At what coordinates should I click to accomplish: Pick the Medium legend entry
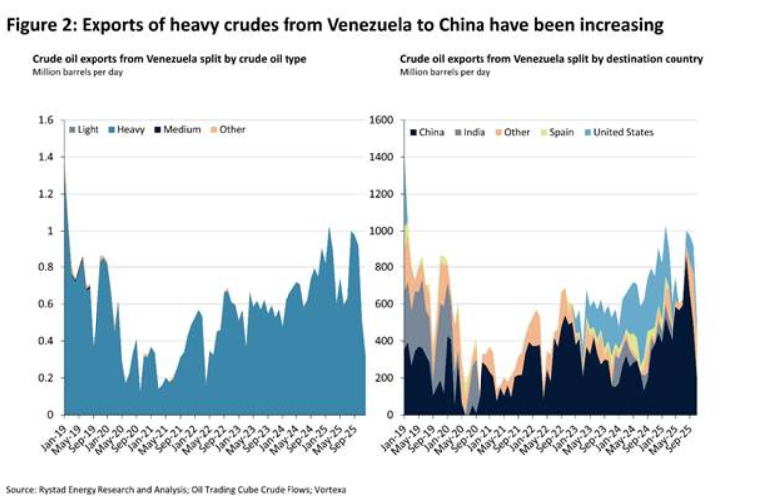click(x=181, y=130)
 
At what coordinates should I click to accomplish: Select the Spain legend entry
click(x=559, y=132)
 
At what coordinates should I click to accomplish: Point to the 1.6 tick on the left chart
click(x=46, y=121)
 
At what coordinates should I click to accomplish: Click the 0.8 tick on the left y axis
click(x=46, y=267)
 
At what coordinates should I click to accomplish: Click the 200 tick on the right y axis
click(x=387, y=378)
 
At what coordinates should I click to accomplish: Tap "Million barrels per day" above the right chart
click(x=445, y=73)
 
